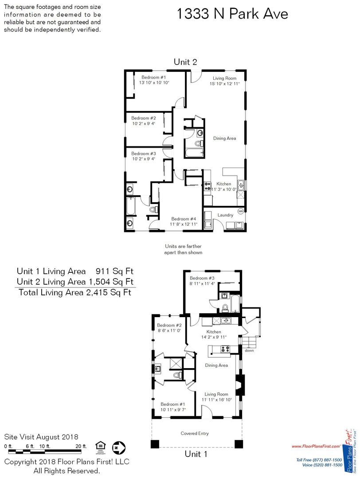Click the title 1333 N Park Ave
coord(232,14)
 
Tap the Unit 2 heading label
coord(185,62)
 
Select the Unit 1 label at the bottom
coord(196,454)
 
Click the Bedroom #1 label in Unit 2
coord(153,77)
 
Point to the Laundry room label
coord(225,215)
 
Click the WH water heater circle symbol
coord(241,211)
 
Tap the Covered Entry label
coord(195,433)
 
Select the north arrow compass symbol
coord(119,448)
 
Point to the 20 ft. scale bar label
coord(81,446)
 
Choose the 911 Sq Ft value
coord(114,271)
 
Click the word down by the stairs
coord(249,350)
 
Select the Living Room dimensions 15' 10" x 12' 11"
coord(225,84)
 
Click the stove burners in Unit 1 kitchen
coord(225,349)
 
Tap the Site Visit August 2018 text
coord(41,437)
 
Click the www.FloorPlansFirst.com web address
coord(316,446)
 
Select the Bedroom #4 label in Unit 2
coord(184,219)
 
